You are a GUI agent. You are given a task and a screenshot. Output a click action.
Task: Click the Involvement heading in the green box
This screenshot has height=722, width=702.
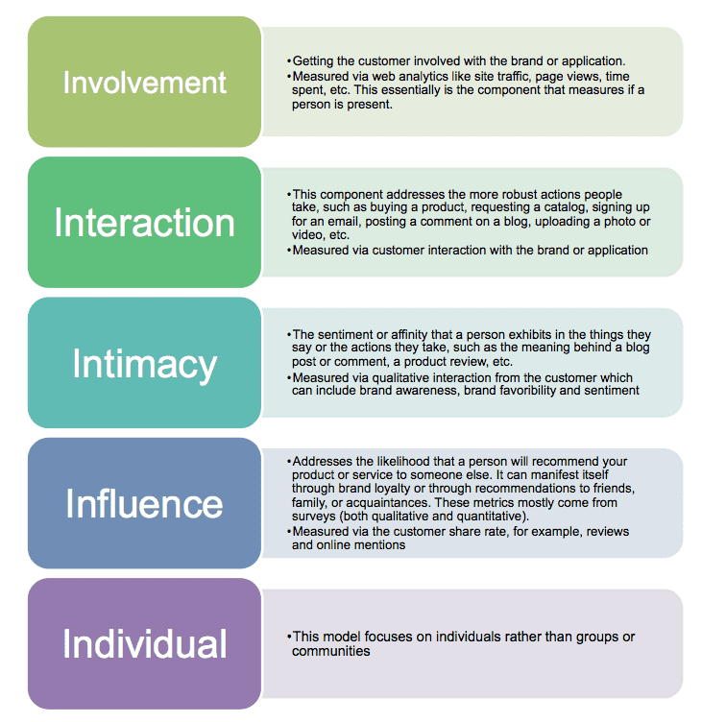[145, 83]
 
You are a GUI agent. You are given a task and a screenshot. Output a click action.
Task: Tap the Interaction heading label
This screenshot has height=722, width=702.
[145, 223]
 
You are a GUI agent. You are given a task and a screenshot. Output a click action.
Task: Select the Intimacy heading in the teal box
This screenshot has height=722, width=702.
[145, 365]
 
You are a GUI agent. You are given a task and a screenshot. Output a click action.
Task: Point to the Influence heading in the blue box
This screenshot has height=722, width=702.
[145, 503]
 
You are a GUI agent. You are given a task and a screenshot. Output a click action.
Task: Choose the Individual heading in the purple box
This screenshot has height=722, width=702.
[145, 643]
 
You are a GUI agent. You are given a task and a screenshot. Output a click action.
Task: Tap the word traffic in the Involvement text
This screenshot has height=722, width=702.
[514, 77]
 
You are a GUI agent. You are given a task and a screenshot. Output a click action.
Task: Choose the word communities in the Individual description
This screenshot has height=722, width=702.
[330, 651]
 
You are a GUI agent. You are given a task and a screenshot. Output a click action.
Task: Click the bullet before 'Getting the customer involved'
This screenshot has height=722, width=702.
[289, 61]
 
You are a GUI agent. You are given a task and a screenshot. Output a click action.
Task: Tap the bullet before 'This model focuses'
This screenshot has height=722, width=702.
[289, 637]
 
